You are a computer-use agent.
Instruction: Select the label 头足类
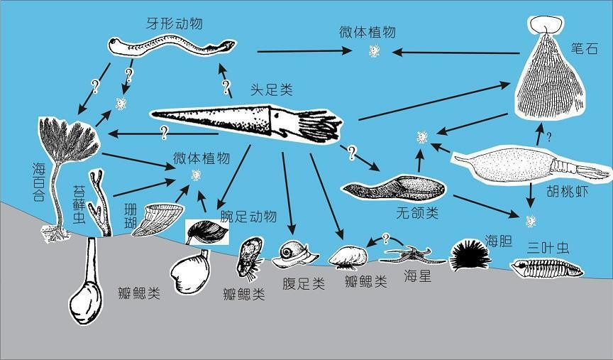[270, 91]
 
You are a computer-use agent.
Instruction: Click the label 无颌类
[416, 212]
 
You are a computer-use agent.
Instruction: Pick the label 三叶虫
[548, 248]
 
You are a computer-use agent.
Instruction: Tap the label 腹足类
[303, 284]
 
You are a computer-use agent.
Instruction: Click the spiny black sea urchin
[470, 254]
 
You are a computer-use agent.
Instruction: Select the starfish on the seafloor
[410, 255]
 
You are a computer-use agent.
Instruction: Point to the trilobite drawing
[548, 268]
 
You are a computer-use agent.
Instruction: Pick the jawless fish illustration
[394, 188]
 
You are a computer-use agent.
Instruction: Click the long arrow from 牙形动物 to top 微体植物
[305, 50]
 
